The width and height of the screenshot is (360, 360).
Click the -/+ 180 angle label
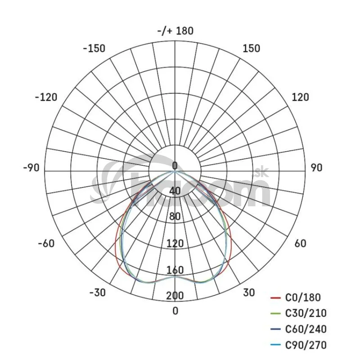[x=175, y=31]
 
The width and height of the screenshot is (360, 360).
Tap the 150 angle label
[x=252, y=49]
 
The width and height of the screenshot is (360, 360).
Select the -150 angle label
[x=94, y=49]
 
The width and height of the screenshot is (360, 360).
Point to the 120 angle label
[x=300, y=97]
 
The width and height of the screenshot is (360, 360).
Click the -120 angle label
[x=46, y=97]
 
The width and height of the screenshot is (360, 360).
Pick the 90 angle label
[x=317, y=168]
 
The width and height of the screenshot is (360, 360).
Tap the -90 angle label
[x=31, y=168]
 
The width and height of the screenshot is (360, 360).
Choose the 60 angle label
[x=300, y=243]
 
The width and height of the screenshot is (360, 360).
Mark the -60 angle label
[x=46, y=243]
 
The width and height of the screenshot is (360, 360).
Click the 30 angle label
[x=249, y=293]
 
